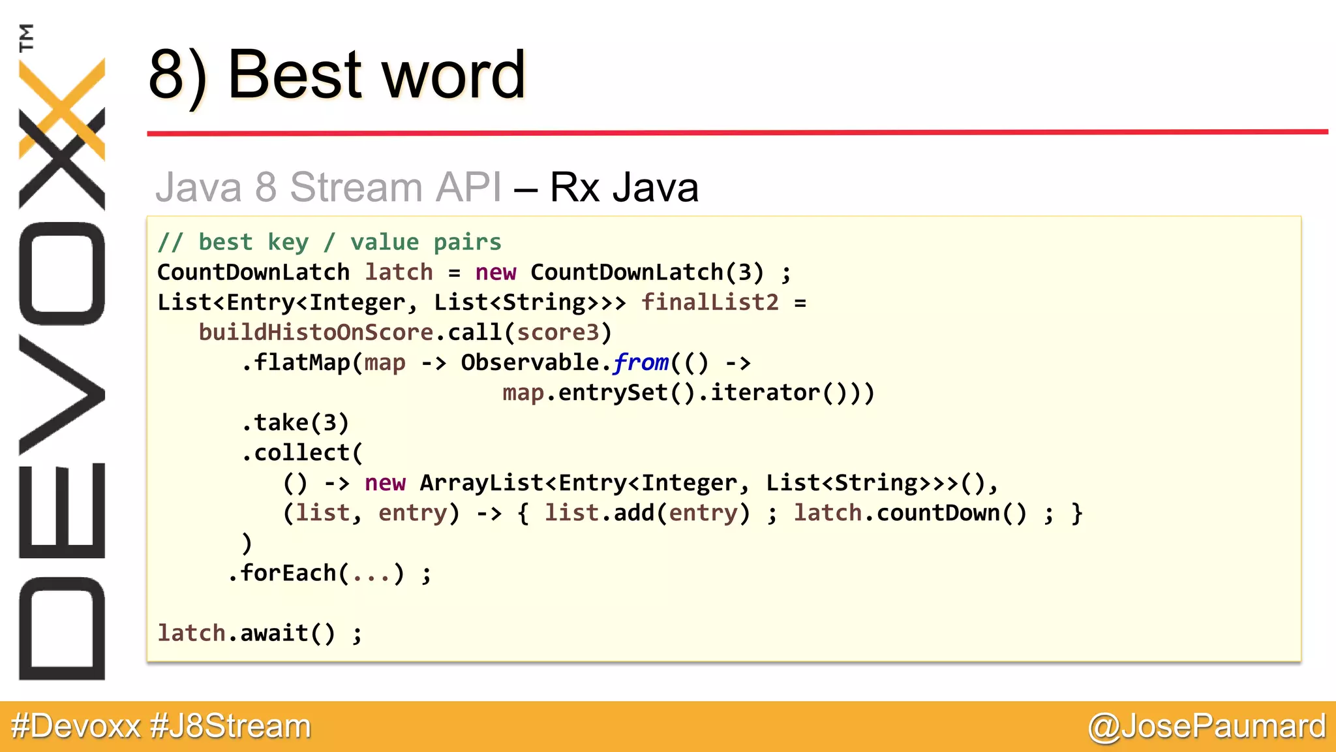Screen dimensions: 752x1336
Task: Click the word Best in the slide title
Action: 295,75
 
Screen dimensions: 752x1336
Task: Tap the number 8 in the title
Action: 167,75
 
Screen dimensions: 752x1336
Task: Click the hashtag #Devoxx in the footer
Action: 76,726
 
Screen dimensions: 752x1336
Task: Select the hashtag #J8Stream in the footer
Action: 230,726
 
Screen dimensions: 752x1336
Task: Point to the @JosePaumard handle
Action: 1207,726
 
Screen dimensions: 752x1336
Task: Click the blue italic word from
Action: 641,362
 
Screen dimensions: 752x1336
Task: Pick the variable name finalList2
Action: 710,302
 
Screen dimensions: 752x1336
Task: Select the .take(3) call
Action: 295,422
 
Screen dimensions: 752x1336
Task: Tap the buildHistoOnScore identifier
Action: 316,332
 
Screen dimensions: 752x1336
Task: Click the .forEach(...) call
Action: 316,573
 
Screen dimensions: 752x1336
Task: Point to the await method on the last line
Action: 274,633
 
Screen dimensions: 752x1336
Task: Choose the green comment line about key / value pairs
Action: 329,242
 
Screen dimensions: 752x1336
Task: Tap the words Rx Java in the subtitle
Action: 624,187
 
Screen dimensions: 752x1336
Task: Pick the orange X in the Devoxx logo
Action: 62,108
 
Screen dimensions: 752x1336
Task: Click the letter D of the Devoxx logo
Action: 62,628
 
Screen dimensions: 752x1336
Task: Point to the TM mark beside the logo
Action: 26,37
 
